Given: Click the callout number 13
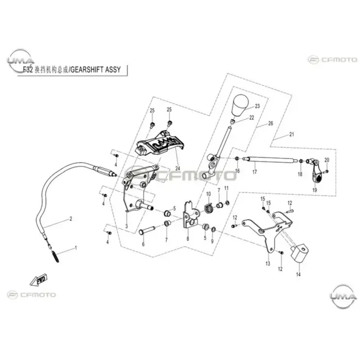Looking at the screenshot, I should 268,264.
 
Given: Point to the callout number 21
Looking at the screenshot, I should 291,134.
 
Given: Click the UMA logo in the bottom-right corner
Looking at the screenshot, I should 341,295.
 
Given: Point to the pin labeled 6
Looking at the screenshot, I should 148,230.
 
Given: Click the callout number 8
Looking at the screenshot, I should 187,238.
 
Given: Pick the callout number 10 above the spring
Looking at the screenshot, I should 208,193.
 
